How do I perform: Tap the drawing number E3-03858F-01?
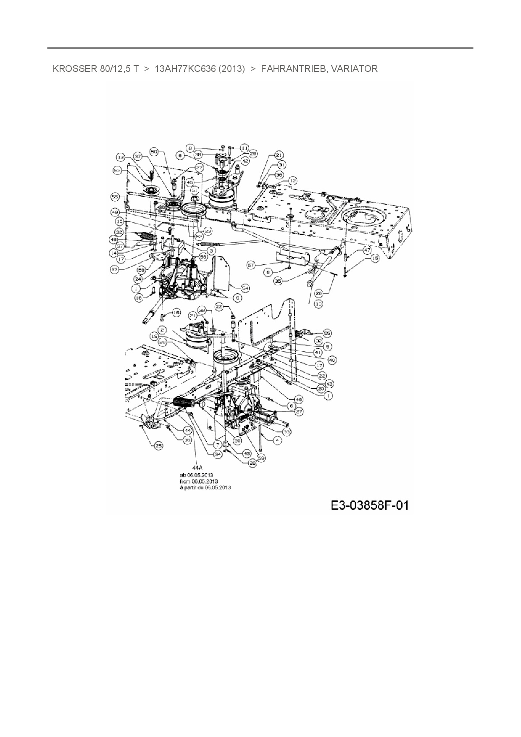pos(369,505)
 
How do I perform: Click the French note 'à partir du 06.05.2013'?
pos(205,488)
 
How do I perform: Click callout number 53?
pos(118,170)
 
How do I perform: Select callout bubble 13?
pos(121,157)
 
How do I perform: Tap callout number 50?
pos(154,151)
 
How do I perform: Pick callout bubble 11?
pos(245,148)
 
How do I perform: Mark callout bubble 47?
pos(367,250)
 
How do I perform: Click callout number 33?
pos(287,432)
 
